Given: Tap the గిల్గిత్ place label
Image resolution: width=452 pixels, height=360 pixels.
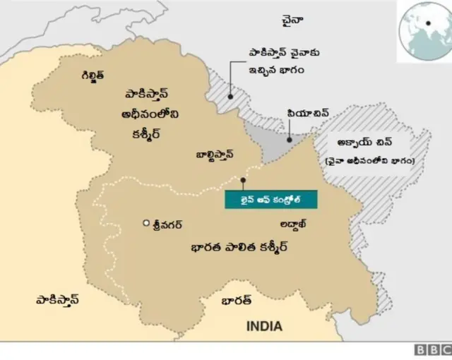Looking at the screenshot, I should coord(93,75).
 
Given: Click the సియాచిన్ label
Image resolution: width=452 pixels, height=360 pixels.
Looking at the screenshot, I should coord(307,113).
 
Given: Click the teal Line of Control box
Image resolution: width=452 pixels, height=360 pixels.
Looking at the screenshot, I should coord(271,199).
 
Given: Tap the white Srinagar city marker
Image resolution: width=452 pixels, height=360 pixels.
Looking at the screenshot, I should coord(146,224).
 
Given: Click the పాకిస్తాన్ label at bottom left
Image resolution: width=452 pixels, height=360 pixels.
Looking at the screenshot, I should coord(57,299).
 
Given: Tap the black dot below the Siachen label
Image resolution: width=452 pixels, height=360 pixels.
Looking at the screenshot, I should coord(288,139).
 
